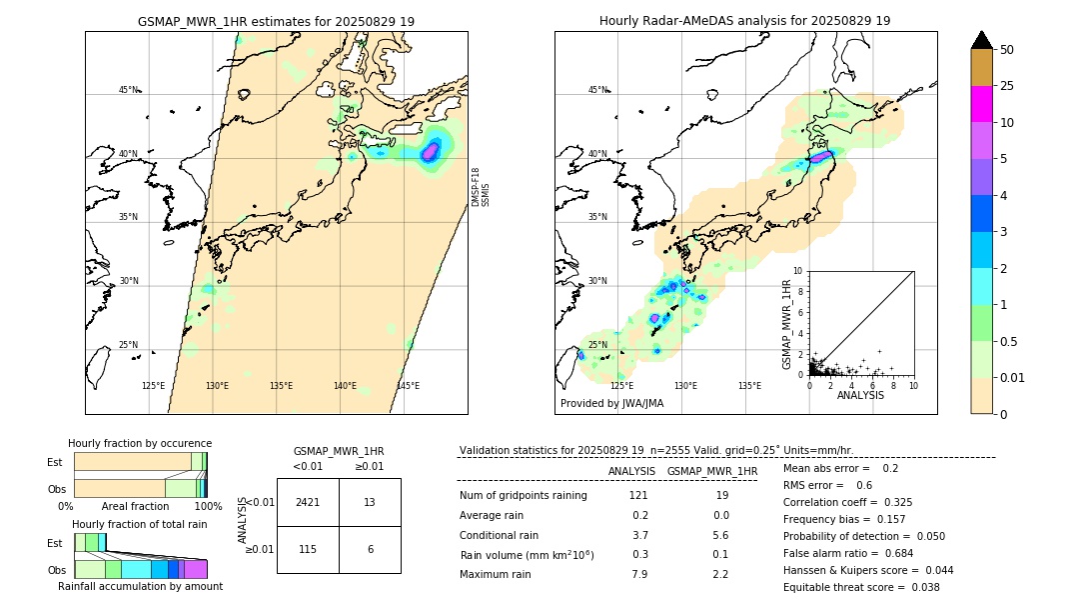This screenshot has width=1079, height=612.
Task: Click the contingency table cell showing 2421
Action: click(x=308, y=502)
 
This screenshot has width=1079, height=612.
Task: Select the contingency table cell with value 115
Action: click(x=308, y=549)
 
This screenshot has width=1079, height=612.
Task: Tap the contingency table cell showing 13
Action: click(x=370, y=502)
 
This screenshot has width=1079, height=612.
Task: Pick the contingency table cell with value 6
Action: click(x=370, y=549)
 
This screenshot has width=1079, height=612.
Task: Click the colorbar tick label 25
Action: click(x=1007, y=86)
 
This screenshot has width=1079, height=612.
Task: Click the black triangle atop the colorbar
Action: click(x=982, y=40)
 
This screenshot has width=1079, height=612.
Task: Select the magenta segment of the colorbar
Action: click(x=982, y=104)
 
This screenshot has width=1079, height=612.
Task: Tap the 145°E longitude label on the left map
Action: click(x=408, y=386)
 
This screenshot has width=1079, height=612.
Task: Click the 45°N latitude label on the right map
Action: click(x=597, y=90)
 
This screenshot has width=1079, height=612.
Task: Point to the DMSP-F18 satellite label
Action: click(x=476, y=187)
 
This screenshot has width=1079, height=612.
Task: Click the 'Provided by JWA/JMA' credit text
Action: click(x=611, y=403)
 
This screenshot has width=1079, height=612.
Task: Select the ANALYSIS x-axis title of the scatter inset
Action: click(x=860, y=395)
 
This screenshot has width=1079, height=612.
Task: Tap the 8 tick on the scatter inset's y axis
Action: click(x=798, y=291)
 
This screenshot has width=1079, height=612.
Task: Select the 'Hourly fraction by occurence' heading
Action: click(x=140, y=443)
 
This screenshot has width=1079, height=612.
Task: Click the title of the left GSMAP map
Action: click(x=276, y=21)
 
